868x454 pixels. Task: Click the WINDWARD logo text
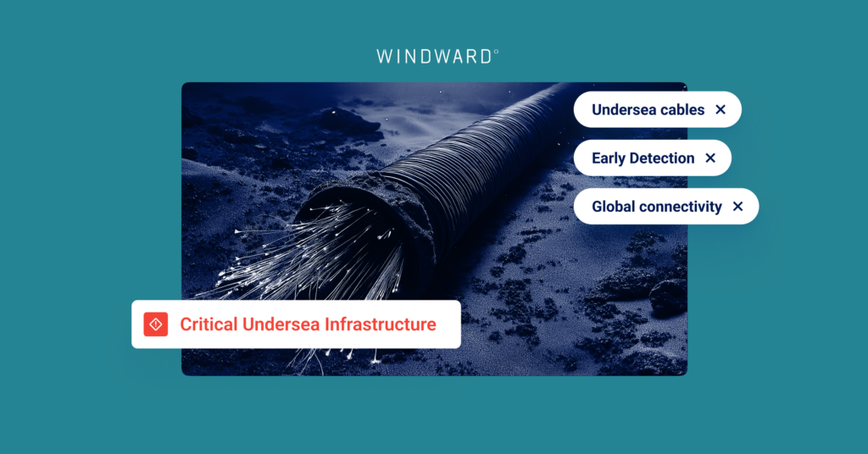pyautogui.click(x=435, y=57)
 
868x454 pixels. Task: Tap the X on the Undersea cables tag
pyautogui.click(x=721, y=109)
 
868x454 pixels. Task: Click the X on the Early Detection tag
pyautogui.click(x=710, y=158)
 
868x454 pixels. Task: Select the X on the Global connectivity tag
pyautogui.click(x=737, y=206)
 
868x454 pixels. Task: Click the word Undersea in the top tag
pyautogui.click(x=623, y=109)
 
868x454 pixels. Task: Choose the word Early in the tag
pyautogui.click(x=609, y=158)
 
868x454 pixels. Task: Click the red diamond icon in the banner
pyautogui.click(x=155, y=324)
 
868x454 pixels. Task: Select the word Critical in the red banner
pyautogui.click(x=209, y=324)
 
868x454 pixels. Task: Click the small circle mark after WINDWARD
pyautogui.click(x=496, y=52)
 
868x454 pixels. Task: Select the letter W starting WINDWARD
pyautogui.click(x=384, y=57)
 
